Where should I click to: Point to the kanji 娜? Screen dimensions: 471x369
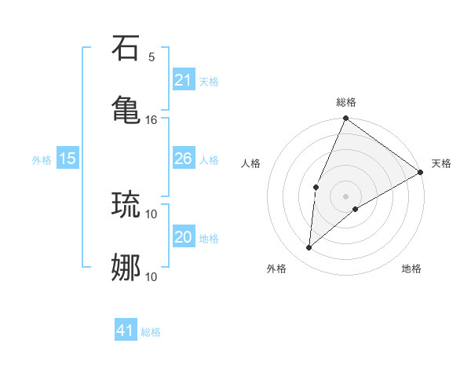(x=126, y=267)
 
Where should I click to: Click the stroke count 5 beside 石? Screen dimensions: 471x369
(x=152, y=57)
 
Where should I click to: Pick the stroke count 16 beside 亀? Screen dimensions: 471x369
(x=152, y=119)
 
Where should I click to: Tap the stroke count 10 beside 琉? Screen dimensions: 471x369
(x=152, y=214)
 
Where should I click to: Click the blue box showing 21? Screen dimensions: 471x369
(x=183, y=80)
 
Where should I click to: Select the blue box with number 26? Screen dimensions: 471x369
(x=183, y=159)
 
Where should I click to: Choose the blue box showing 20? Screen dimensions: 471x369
(x=183, y=237)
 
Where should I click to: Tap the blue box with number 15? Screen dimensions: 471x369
(x=68, y=159)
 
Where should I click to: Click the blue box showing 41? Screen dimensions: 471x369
(x=126, y=331)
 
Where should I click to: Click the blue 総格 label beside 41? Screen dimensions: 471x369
(x=151, y=332)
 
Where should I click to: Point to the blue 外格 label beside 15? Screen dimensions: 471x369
(x=42, y=160)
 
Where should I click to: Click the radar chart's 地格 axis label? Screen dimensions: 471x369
(x=411, y=269)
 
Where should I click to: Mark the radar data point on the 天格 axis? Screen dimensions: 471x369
(x=421, y=172)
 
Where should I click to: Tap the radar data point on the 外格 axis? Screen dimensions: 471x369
(x=309, y=248)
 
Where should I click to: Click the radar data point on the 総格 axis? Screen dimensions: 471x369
(x=345, y=119)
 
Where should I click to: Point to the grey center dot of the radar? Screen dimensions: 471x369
(x=345, y=195)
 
